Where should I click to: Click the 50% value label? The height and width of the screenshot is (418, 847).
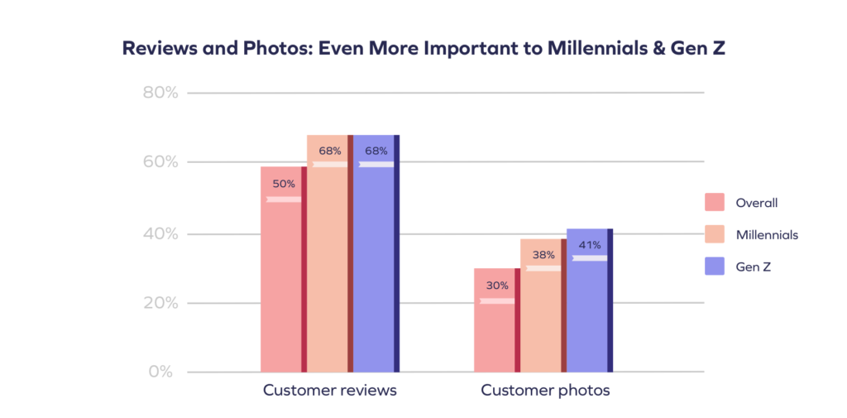[x=284, y=183]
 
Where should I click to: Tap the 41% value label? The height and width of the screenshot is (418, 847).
[x=590, y=244]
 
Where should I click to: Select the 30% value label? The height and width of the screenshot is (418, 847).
[x=497, y=285]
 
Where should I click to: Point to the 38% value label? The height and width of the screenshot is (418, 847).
[x=543, y=255]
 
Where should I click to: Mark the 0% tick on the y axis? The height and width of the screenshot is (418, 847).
[x=161, y=372]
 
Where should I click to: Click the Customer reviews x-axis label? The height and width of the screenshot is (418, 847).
[x=329, y=390]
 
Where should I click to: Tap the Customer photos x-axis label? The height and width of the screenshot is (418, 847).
[x=545, y=390]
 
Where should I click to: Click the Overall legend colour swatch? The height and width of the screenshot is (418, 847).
[x=715, y=203]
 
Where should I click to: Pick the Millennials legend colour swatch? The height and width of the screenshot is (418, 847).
[x=715, y=234]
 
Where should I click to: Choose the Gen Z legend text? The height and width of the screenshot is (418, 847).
[x=754, y=266]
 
